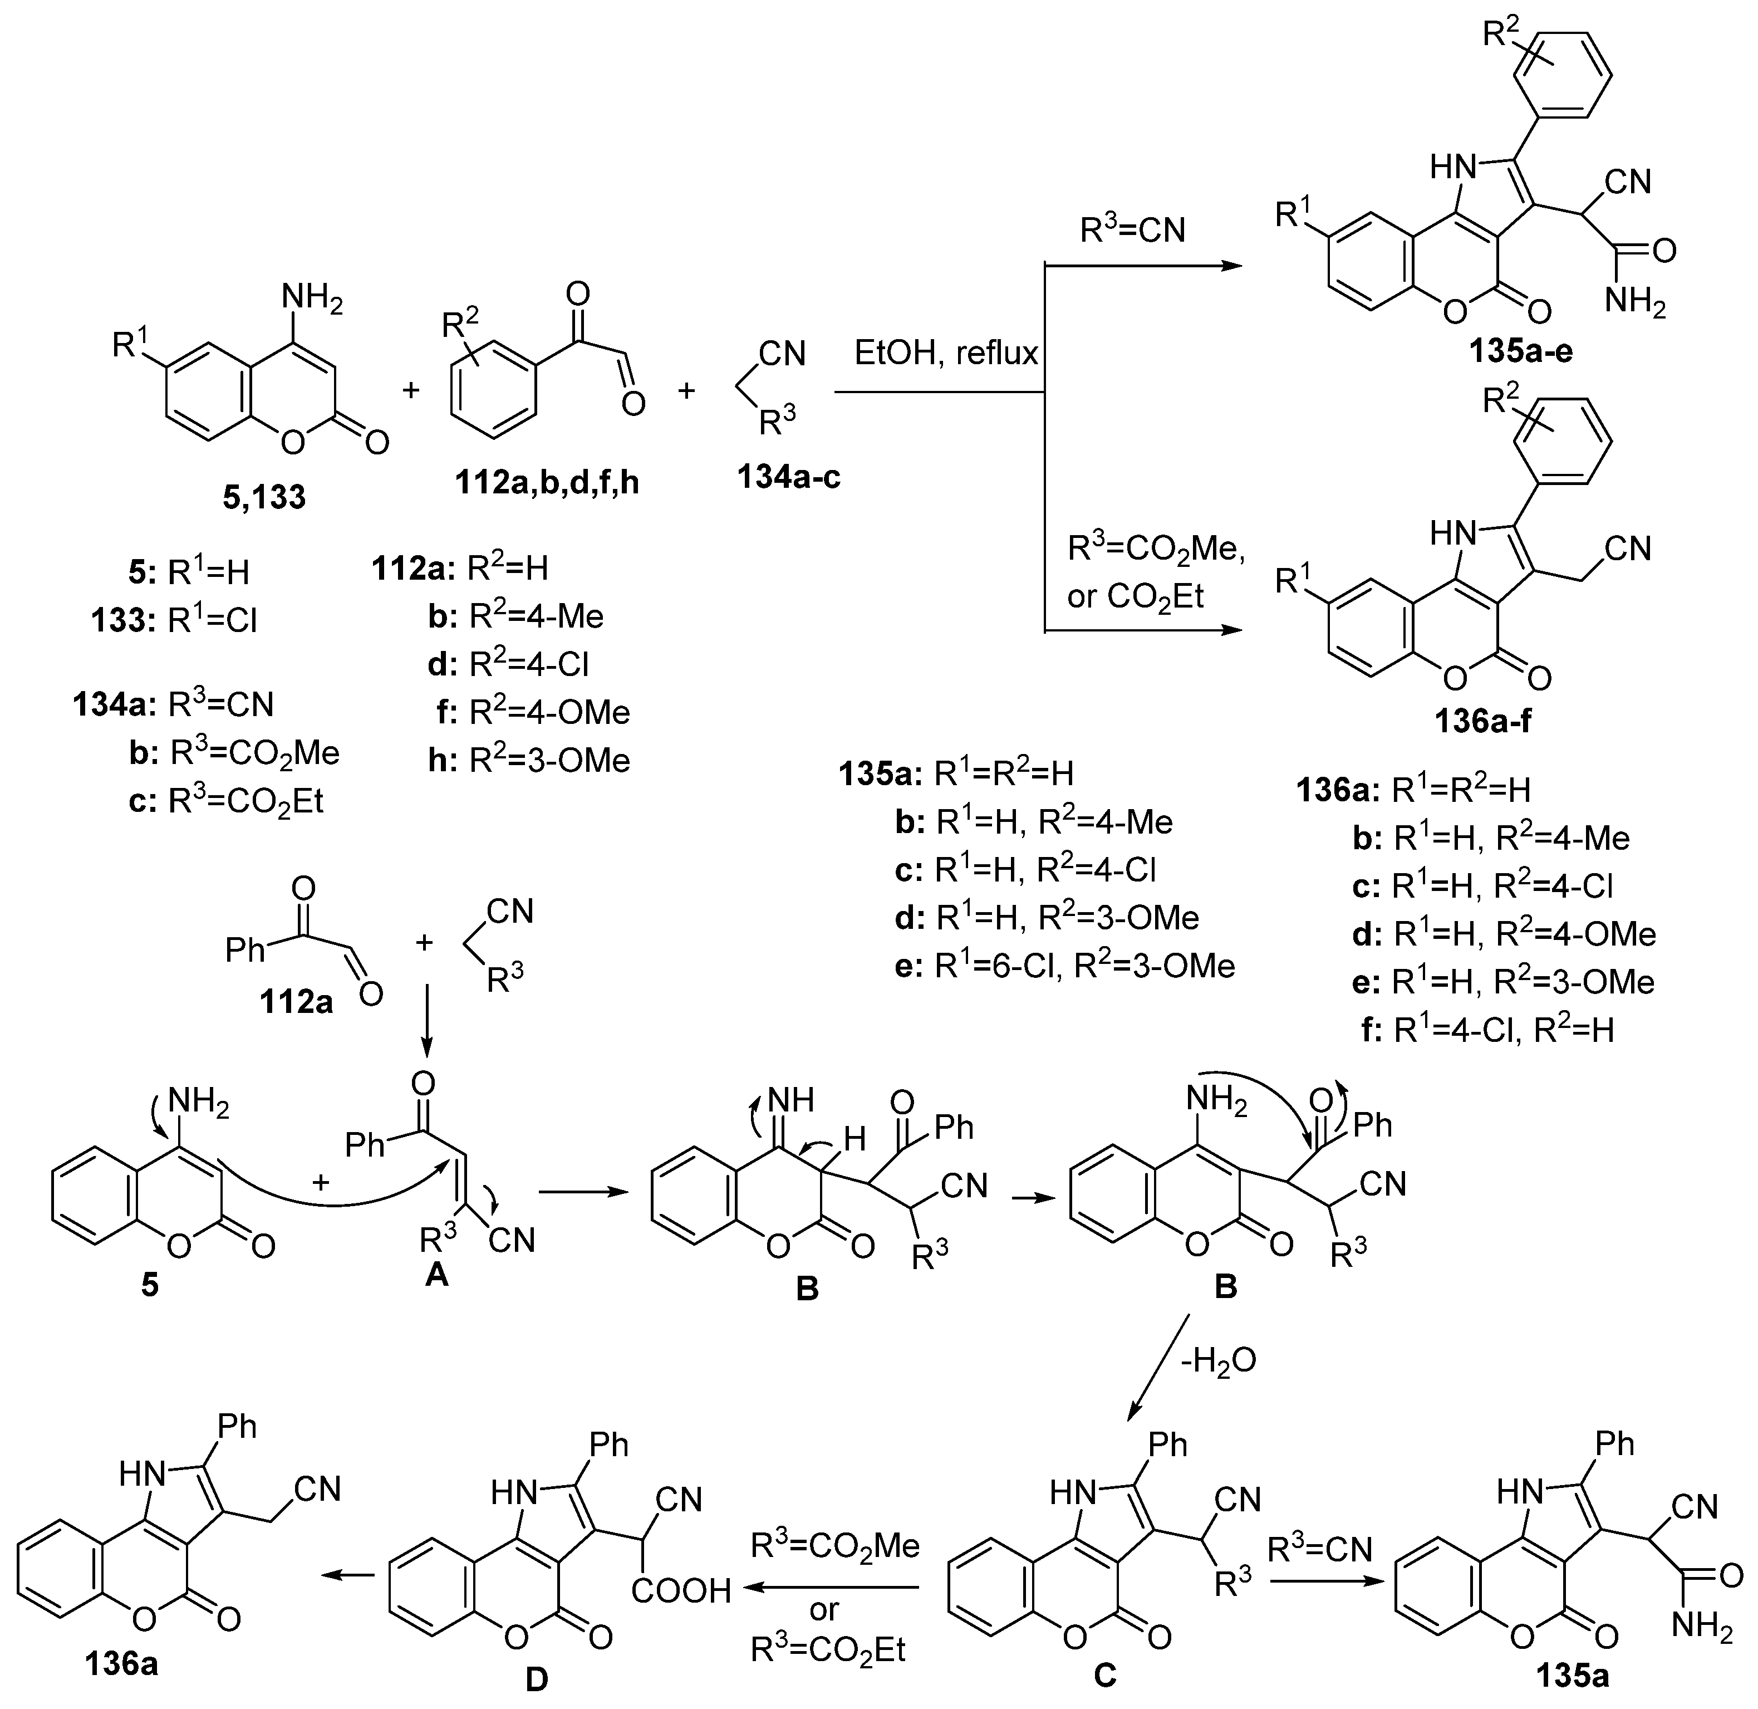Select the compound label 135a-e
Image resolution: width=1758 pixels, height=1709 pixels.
click(1520, 351)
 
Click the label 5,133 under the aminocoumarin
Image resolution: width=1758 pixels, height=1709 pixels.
click(264, 496)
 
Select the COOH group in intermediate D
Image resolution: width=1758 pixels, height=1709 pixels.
click(681, 1592)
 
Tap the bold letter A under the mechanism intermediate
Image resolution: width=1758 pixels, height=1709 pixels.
click(436, 1274)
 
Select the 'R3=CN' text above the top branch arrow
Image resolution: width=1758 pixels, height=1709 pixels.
click(1132, 231)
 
